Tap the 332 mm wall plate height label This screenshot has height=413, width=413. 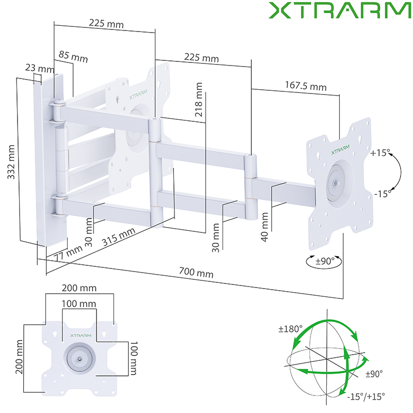click(x=12, y=161)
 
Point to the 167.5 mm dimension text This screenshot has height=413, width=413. click(x=305, y=86)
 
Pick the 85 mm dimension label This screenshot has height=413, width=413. click(x=73, y=56)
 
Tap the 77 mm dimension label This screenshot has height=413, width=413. click(x=67, y=255)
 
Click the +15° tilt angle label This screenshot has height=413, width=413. click(x=380, y=153)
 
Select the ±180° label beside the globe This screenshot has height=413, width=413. click(x=290, y=329)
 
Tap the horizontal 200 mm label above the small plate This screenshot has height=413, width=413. click(x=79, y=288)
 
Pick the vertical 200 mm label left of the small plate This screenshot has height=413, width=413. click(x=19, y=360)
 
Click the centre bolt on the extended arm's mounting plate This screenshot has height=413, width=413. click(x=336, y=182)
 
